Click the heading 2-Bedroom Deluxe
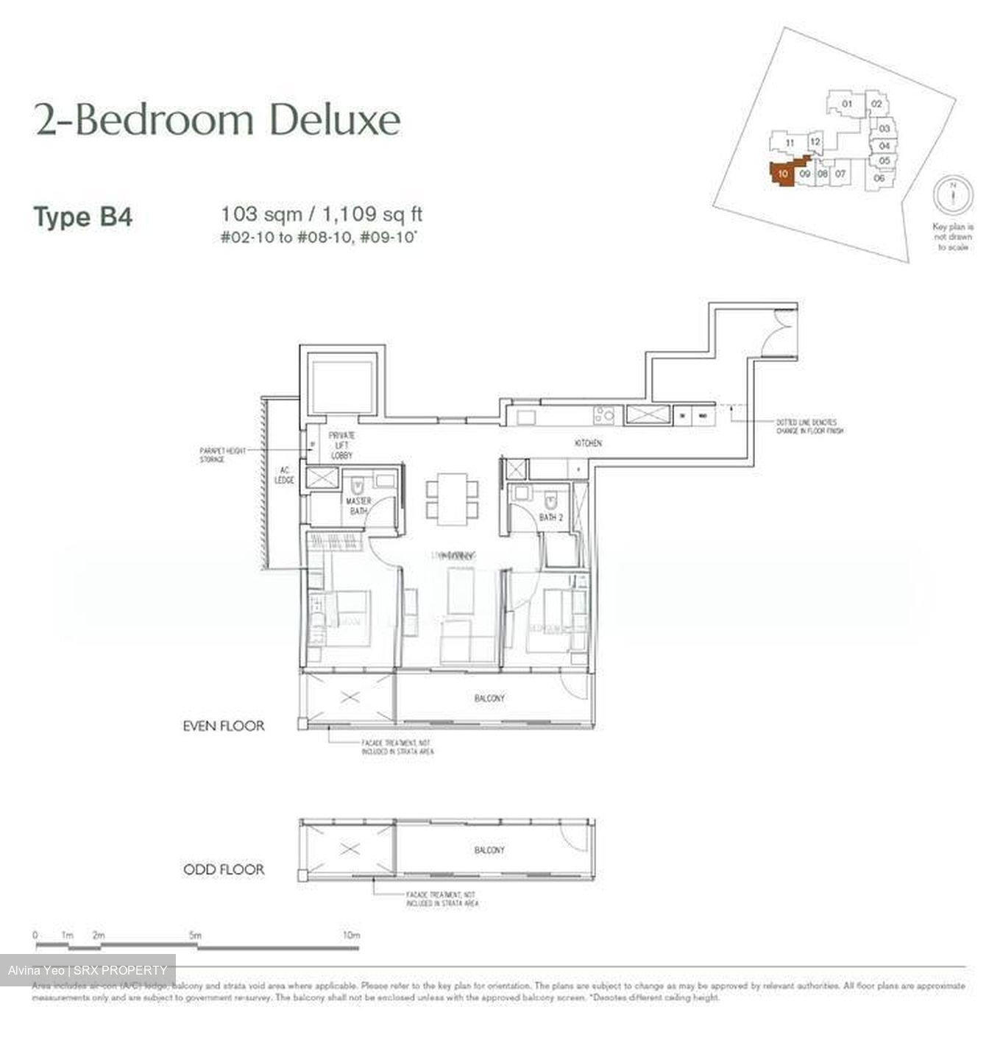point(218,121)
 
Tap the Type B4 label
point(83,218)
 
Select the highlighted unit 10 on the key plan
point(782,174)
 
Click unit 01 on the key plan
point(847,104)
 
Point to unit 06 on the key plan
point(879,177)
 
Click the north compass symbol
point(952,194)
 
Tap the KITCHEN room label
point(589,443)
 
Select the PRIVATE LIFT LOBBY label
point(342,445)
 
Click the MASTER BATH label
point(359,506)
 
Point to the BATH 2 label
point(550,517)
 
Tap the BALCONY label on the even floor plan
point(489,698)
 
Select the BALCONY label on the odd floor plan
point(489,850)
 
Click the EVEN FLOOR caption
point(224,726)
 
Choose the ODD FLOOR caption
point(224,869)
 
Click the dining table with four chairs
point(453,498)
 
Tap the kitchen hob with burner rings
point(605,416)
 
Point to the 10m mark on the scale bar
point(352,936)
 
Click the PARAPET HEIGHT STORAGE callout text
point(223,455)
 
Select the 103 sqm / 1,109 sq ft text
point(322,215)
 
